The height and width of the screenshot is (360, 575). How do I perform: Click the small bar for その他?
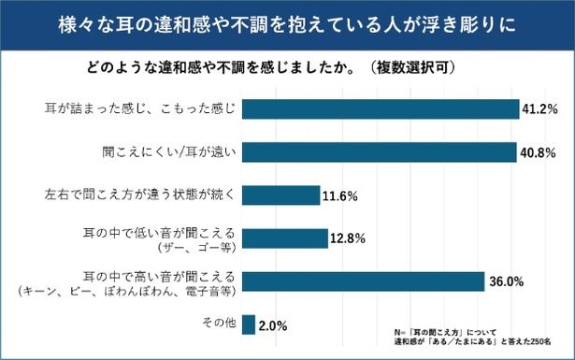(x=248, y=324)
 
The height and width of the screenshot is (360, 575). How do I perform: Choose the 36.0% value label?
(x=505, y=281)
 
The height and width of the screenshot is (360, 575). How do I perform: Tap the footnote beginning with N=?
(x=467, y=336)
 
